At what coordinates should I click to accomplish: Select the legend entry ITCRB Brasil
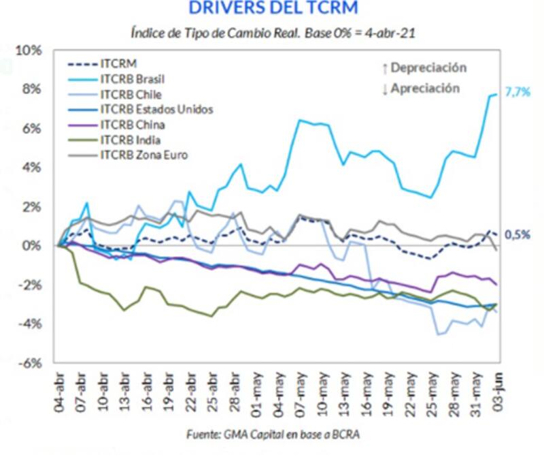129,79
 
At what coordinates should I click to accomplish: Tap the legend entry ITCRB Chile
125,94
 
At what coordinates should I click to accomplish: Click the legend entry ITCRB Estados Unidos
147,109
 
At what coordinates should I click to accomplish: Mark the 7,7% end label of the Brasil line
517,93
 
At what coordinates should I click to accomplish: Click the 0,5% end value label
517,234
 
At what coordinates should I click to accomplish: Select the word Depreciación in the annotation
428,67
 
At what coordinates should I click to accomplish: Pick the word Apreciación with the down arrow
425,88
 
